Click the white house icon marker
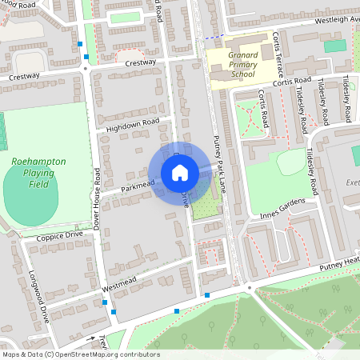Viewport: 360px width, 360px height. (x=179, y=173)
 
